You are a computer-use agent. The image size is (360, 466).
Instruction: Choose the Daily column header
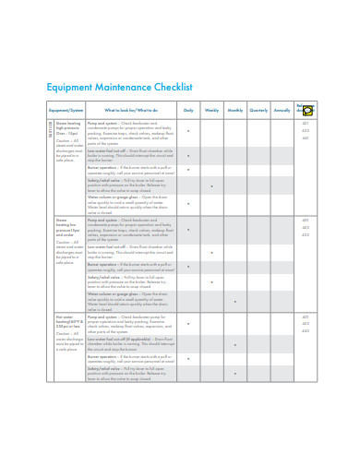point(188,110)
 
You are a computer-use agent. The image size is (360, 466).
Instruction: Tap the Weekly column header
point(211,110)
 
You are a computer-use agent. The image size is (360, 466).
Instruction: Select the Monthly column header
point(234,110)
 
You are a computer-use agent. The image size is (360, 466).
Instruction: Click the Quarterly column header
point(258,110)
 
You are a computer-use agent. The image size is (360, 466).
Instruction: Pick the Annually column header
point(281,110)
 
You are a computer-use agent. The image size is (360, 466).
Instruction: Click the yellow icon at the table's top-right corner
point(308,109)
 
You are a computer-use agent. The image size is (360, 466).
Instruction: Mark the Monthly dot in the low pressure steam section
point(234,301)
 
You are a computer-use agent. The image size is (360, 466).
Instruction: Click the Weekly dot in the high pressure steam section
point(211,186)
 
